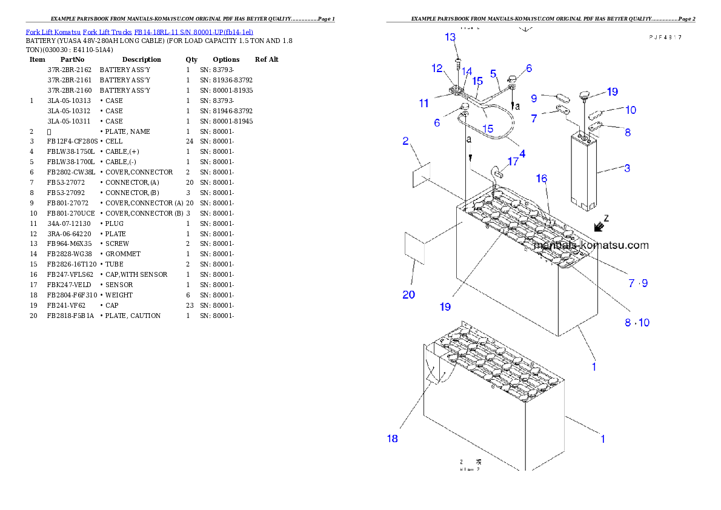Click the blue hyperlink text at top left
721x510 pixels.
click(x=139, y=31)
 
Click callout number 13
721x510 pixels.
click(x=450, y=38)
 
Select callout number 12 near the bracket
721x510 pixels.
click(x=437, y=68)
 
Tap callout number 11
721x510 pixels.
click(x=424, y=104)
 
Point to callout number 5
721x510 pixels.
click(x=493, y=73)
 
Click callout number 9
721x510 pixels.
click(x=534, y=98)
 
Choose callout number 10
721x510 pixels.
click(x=631, y=110)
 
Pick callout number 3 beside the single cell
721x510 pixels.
click(x=627, y=168)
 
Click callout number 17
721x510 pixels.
click(x=513, y=162)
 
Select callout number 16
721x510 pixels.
click(x=541, y=178)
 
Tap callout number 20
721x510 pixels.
click(x=409, y=295)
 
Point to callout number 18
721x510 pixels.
click(x=393, y=439)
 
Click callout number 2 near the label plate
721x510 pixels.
click(x=406, y=142)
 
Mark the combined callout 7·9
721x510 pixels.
click(x=638, y=283)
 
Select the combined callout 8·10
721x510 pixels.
click(x=637, y=323)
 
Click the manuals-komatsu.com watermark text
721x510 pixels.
click(x=591, y=245)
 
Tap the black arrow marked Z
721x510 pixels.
click(x=599, y=227)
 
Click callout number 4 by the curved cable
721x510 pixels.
click(x=522, y=154)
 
